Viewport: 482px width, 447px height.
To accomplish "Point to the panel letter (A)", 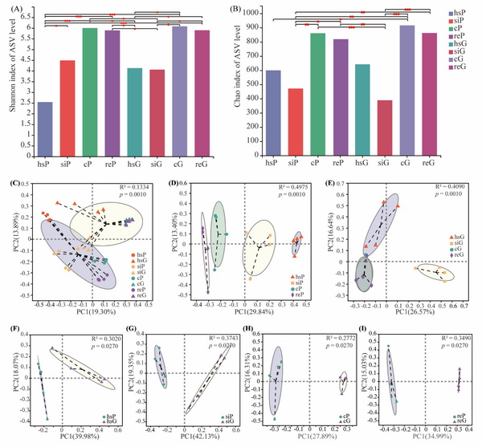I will coord(13,10).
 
